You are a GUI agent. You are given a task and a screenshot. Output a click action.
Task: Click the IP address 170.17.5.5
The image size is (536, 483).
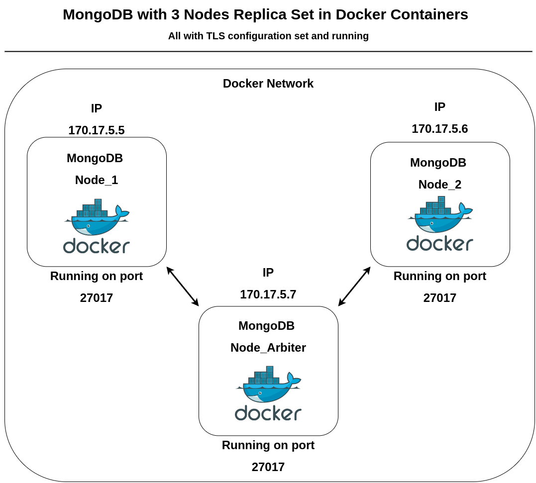pyautogui.click(x=97, y=130)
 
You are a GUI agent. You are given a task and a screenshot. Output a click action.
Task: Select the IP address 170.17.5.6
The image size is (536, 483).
pyautogui.click(x=439, y=129)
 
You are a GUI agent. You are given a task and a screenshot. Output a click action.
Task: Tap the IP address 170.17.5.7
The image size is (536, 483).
pyautogui.click(x=268, y=294)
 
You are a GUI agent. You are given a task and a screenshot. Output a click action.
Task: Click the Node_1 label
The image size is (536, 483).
pyautogui.click(x=97, y=180)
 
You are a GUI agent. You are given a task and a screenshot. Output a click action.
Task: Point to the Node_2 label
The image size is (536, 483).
pyautogui.click(x=439, y=185)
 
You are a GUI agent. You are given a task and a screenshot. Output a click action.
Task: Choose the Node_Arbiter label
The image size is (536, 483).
pyautogui.click(x=268, y=348)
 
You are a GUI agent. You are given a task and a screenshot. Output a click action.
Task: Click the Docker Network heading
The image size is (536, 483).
pyautogui.click(x=268, y=84)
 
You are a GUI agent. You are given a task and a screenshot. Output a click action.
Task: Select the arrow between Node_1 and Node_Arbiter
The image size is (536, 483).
pyautogui.click(x=183, y=287)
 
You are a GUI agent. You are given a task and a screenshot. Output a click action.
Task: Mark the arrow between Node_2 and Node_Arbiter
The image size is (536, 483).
pyautogui.click(x=354, y=287)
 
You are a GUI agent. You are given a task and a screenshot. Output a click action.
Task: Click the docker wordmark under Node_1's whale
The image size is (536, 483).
pyautogui.click(x=97, y=246)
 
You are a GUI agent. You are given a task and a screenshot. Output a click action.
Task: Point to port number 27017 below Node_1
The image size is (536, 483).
pyautogui.click(x=97, y=298)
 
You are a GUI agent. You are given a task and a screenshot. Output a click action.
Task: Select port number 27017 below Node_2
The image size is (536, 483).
pyautogui.click(x=439, y=298)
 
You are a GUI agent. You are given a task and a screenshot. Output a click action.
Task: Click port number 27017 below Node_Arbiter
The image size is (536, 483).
pyautogui.click(x=268, y=467)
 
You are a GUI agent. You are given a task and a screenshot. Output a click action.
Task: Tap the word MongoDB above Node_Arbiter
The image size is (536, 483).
pyautogui.click(x=266, y=326)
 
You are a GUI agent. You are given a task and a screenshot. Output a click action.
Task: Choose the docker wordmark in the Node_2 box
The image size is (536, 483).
pyautogui.click(x=440, y=243)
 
